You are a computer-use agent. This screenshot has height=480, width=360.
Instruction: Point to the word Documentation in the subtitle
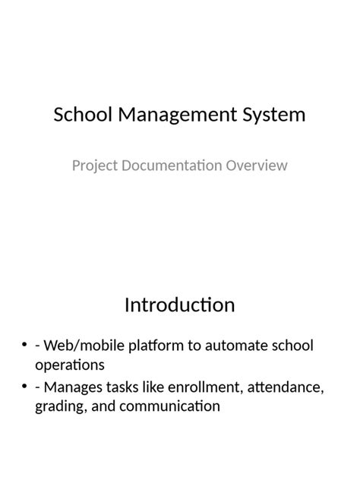(169, 165)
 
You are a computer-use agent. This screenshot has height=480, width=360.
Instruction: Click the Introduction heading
(179, 305)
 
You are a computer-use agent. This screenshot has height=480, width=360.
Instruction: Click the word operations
(69, 365)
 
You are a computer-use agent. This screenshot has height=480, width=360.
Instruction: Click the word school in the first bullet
(293, 346)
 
